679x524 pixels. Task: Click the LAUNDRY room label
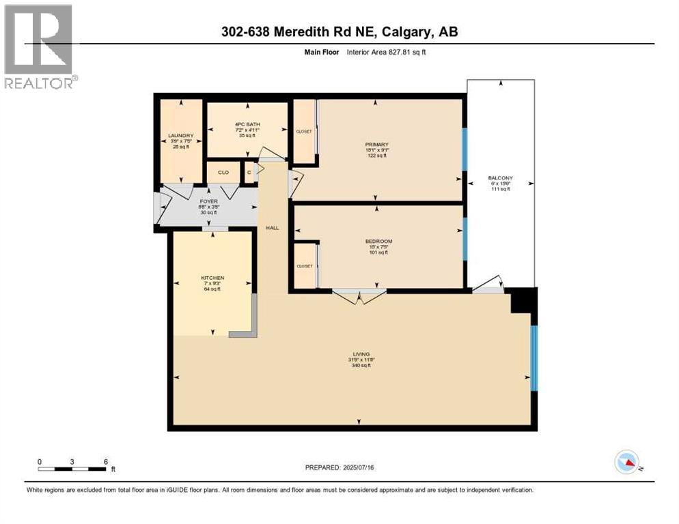pos(181,136)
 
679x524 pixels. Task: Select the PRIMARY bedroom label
pos(376,145)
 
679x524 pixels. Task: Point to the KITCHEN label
pos(212,278)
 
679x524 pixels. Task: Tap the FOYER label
pos(208,202)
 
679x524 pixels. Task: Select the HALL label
pos(272,229)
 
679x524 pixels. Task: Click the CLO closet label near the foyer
pos(223,173)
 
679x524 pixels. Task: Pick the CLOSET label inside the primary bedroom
pos(304,131)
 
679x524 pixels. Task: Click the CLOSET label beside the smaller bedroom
pos(305,266)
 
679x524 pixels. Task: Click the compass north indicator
pos(626,462)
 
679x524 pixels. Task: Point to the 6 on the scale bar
pos(105,461)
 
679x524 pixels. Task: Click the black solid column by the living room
pos(525,301)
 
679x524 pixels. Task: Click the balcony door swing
pos(490,285)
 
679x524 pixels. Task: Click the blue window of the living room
pos(534,358)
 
